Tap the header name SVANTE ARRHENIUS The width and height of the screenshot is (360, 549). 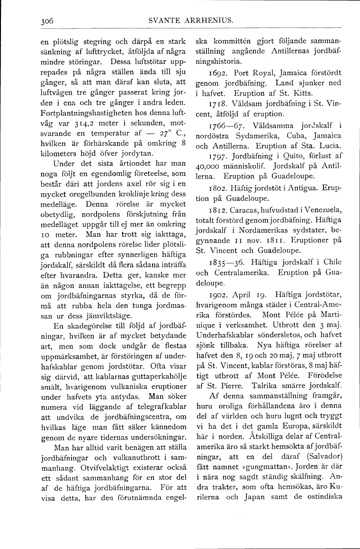194,21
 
